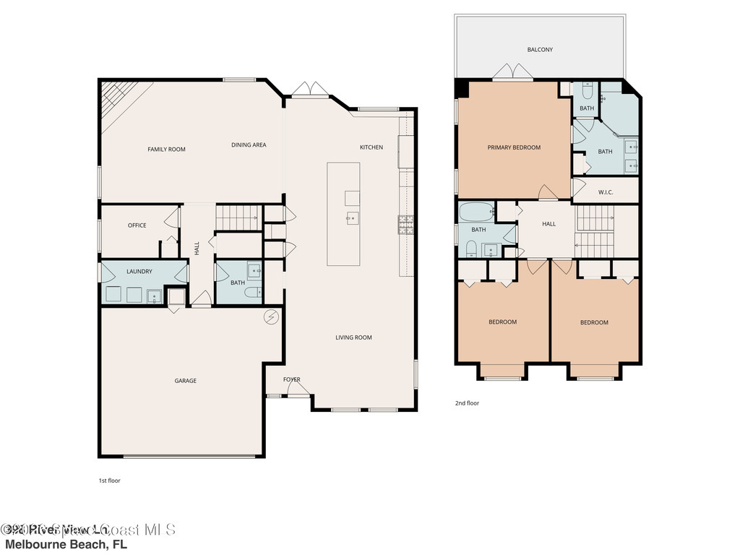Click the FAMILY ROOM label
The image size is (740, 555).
coord(166,150)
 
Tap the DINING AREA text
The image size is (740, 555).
coord(249,145)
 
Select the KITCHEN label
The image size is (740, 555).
coord(371,147)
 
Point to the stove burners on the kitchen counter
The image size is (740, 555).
coord(405,225)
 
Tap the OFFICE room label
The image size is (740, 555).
coord(137,225)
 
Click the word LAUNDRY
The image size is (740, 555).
coord(139,272)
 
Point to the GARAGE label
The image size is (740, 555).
coord(185,381)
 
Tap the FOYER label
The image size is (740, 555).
coord(291,379)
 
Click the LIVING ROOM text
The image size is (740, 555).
coord(353,337)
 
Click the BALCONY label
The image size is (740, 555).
coord(540,50)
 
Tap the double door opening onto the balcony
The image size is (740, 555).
coord(513,72)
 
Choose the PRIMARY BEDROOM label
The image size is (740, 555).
coord(514,147)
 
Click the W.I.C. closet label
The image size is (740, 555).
coord(606,192)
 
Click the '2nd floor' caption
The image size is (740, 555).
coord(467,403)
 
